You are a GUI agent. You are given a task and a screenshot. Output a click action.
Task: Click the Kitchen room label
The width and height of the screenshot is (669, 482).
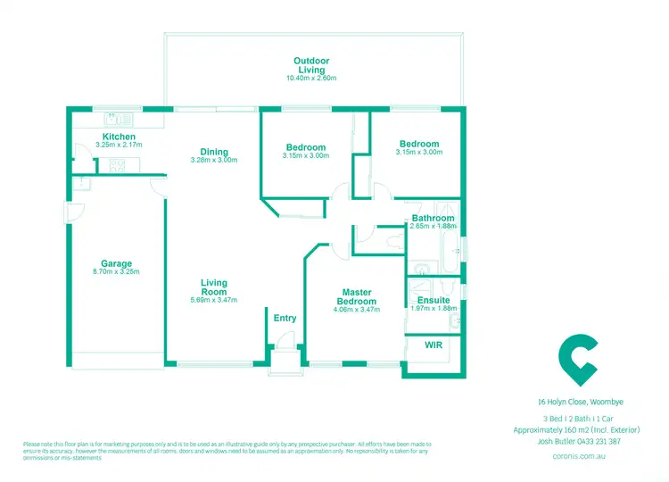pos(119,137)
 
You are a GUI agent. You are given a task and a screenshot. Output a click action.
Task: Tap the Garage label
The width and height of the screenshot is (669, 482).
pos(116,263)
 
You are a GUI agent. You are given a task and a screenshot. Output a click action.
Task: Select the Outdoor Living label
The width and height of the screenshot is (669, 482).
pos(310,65)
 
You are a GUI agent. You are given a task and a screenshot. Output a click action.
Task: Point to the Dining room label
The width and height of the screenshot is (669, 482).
pos(214,152)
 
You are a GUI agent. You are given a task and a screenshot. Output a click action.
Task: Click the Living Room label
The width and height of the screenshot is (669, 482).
pos(214,287)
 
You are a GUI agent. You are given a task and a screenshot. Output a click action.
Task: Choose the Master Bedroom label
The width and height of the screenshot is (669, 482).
pos(357,296)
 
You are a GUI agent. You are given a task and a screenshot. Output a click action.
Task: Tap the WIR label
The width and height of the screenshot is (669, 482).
pos(434,344)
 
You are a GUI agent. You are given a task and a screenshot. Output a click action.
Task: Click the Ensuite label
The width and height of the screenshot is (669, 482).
pos(434,300)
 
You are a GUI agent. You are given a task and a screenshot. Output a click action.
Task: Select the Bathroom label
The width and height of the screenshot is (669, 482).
pos(434,218)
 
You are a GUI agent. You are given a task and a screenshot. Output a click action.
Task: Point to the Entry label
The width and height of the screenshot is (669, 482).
pos(285,319)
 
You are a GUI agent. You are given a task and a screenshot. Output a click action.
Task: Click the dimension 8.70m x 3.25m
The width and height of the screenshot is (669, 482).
pos(116,272)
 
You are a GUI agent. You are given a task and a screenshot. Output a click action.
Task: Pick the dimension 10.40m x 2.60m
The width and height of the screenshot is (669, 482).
pos(310,79)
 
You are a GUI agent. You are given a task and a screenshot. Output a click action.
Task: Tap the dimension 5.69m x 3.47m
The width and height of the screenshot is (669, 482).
pos(214,301)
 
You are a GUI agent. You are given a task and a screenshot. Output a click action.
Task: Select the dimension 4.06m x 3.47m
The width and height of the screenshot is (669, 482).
pos(357,310)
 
